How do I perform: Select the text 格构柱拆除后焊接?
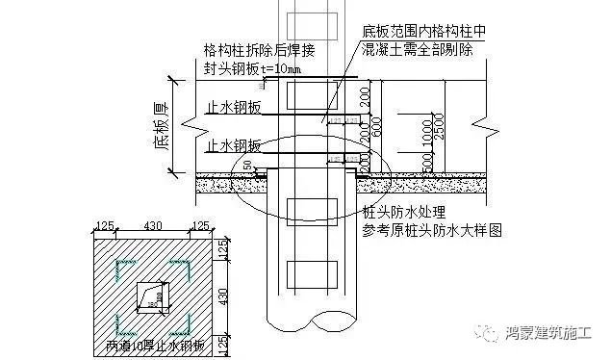click(x=259, y=50)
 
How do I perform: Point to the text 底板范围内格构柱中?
click(x=422, y=31)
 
